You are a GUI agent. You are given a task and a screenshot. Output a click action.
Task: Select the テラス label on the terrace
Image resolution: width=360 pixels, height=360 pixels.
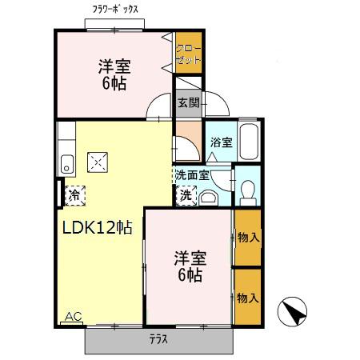[x=158, y=338]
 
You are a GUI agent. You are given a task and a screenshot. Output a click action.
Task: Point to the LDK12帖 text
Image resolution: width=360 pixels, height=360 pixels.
[x=97, y=226]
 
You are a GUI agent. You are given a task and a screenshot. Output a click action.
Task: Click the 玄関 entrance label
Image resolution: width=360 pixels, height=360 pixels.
[x=189, y=102]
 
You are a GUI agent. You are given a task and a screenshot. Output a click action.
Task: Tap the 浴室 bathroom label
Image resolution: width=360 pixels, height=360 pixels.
[x=221, y=143]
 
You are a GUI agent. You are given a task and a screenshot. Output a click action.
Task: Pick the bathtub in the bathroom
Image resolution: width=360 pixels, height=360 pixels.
[x=248, y=142]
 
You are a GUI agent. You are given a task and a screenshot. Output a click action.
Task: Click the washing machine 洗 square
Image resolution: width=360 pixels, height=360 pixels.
[x=186, y=194]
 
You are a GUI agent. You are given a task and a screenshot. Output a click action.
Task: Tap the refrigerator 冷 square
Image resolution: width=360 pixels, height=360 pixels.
[x=74, y=194]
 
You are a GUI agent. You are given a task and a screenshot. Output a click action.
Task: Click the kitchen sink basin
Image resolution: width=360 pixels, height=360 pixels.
[x=66, y=166]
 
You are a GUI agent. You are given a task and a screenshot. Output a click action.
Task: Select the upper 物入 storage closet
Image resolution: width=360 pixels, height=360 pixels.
[x=248, y=238]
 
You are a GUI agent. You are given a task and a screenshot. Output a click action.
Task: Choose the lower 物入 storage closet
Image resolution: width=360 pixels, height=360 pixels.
[x=248, y=297]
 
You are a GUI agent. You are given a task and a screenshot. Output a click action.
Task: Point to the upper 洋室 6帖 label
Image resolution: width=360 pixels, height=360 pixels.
[x=114, y=74]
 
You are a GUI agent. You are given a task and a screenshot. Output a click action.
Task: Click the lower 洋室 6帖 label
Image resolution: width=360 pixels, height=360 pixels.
[x=190, y=266]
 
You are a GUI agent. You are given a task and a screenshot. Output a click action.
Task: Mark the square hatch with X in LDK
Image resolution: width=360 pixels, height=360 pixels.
[x=98, y=162]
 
